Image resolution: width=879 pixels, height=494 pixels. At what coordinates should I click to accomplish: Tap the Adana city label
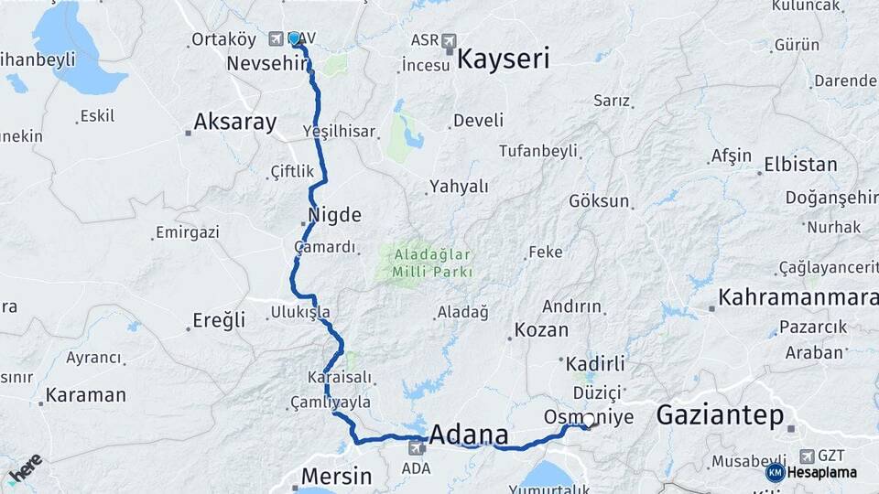(474, 433)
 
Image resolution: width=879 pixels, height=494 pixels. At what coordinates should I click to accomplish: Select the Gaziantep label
(720, 417)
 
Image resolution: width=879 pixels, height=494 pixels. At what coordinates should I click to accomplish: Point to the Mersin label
(337, 477)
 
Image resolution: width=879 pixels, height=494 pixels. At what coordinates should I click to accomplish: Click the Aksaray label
(235, 123)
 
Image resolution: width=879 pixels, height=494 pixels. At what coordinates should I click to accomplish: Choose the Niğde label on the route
(336, 216)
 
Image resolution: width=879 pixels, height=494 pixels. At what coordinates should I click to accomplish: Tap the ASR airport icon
(449, 40)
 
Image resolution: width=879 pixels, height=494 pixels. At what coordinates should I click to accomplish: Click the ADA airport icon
(417, 448)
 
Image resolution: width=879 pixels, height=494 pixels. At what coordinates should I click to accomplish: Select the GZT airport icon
(807, 456)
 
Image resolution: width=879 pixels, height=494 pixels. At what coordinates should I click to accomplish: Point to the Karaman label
(85, 395)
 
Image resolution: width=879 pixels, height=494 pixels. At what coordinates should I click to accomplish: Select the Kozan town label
(541, 330)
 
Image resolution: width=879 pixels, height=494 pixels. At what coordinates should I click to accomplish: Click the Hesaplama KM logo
(776, 472)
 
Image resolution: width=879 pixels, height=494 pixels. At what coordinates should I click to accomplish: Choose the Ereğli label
(219, 320)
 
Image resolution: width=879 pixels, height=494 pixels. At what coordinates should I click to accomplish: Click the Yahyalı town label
(459, 187)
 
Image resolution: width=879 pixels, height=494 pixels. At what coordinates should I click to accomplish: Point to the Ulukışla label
(300, 312)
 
